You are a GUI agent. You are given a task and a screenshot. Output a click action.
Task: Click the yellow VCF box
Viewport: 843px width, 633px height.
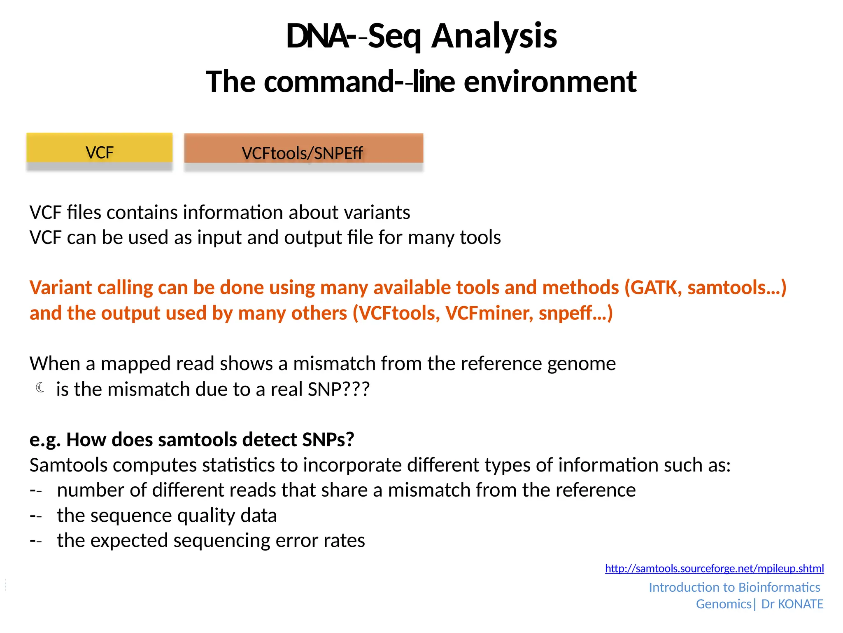coord(99,148)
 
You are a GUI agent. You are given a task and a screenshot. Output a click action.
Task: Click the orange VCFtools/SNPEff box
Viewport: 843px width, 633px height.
coord(303,149)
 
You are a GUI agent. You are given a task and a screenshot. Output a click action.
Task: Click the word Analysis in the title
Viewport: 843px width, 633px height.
coord(494,36)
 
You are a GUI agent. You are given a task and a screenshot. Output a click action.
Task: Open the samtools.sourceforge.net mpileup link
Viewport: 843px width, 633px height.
coord(714,568)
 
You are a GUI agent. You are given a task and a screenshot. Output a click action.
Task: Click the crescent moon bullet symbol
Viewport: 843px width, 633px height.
coord(40,387)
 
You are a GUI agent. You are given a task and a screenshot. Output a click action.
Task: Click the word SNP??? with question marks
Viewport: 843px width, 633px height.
coord(338,389)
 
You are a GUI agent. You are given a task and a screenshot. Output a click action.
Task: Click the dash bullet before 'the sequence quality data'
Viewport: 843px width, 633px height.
coord(36,516)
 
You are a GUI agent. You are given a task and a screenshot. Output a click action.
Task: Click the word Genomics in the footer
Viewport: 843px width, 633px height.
coord(723,604)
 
